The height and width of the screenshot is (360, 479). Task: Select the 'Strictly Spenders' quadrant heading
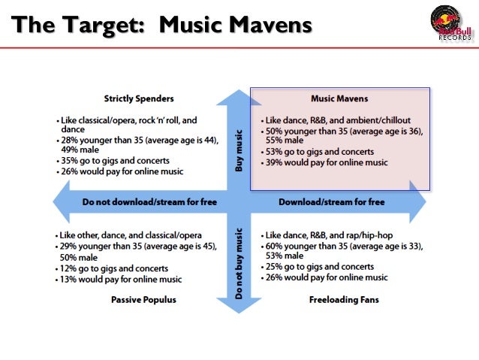139,98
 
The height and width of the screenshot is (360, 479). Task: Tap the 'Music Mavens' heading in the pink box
339,98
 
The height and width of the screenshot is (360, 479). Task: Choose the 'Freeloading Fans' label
343,300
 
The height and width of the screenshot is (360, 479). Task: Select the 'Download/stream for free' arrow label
331,202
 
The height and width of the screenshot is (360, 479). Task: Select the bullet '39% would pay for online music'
325,162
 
